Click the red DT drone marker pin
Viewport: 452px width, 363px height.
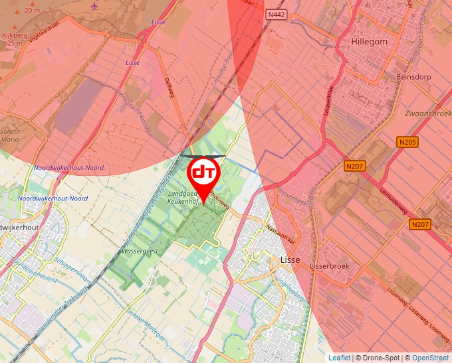(x=204, y=174)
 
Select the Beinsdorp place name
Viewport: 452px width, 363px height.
(x=413, y=77)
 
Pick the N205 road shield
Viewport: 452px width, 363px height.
(x=407, y=142)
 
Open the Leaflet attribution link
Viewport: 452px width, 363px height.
(x=339, y=358)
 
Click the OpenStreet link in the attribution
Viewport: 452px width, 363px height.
(x=431, y=358)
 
